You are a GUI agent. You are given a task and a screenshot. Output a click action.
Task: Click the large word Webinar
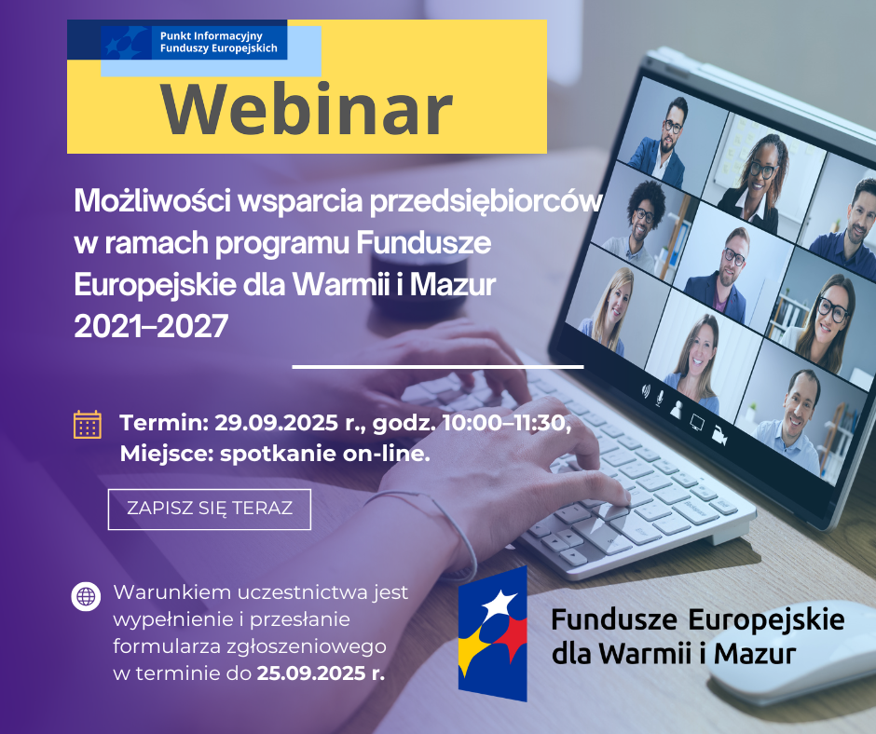point(307,109)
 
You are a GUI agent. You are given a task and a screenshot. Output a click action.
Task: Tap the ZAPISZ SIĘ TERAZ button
point(210,509)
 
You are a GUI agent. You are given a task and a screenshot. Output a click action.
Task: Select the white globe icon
point(86,596)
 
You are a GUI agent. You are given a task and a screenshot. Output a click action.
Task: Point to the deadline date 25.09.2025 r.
point(320,673)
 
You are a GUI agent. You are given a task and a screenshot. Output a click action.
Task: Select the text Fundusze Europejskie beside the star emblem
point(697,619)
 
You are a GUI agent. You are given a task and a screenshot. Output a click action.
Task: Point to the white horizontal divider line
point(438,367)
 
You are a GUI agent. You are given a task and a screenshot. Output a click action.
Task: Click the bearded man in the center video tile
point(730,270)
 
